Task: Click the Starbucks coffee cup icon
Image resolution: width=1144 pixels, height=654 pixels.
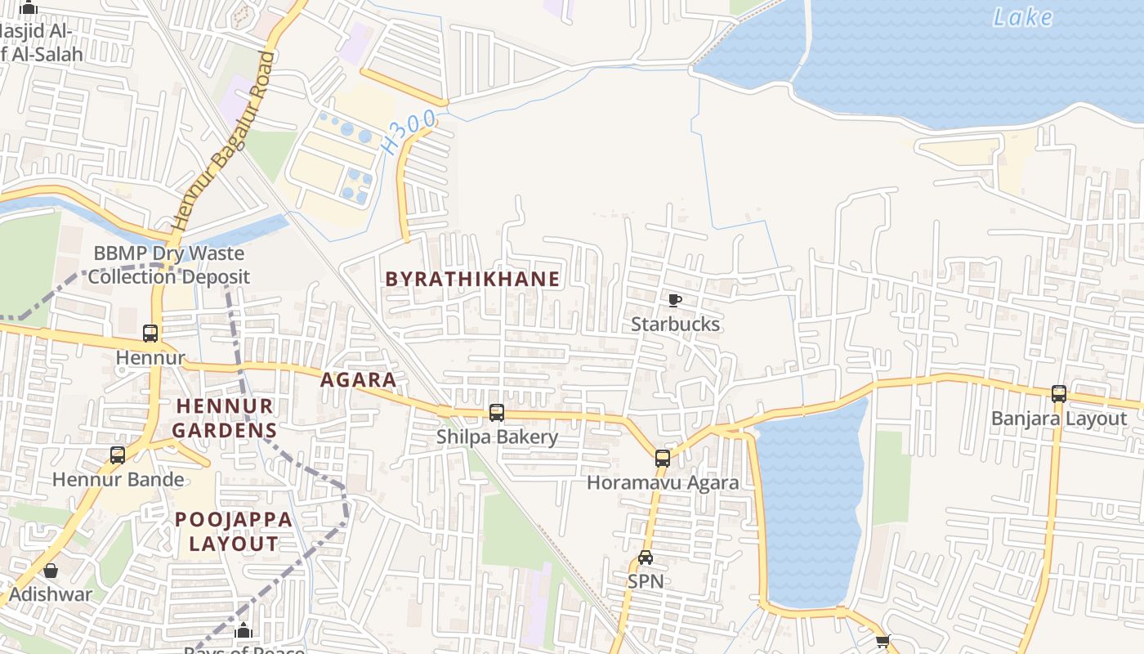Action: pos(675,301)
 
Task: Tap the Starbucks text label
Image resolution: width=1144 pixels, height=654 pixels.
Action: pos(675,325)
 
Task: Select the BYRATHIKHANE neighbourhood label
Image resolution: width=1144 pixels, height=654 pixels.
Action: pos(472,279)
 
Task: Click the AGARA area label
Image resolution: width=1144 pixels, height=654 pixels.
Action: pos(358,379)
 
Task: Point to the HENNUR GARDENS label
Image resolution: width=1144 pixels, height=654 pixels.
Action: pos(225,417)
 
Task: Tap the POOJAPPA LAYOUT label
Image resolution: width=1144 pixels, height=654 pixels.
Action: pos(234,531)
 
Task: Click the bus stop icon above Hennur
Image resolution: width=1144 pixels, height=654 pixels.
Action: pos(150,334)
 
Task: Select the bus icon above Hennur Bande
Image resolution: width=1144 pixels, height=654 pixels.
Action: pos(118,455)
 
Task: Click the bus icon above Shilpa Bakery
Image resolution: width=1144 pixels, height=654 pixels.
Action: pos(497,413)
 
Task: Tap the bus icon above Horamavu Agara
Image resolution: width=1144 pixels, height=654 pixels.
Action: pos(663,459)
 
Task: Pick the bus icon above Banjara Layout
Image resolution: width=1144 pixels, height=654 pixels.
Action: pos(1059,394)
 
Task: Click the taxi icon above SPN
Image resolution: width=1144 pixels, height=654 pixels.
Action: pos(646,558)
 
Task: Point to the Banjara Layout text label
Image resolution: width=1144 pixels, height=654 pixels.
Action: pos(1059,419)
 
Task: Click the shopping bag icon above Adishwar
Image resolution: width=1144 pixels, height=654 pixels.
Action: pos(51,571)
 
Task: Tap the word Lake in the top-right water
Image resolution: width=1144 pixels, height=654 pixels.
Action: pos(1022,17)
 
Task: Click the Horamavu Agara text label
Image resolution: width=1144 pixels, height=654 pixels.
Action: pos(663,482)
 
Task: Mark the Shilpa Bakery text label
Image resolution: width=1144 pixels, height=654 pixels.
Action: pos(497,437)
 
